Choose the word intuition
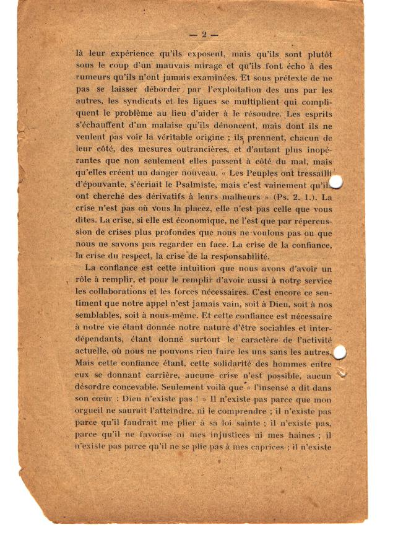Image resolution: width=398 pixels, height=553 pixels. [x=187, y=268]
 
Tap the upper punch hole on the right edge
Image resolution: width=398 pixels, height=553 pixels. [x=336, y=181]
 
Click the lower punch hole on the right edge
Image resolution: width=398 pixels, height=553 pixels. [x=339, y=353]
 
